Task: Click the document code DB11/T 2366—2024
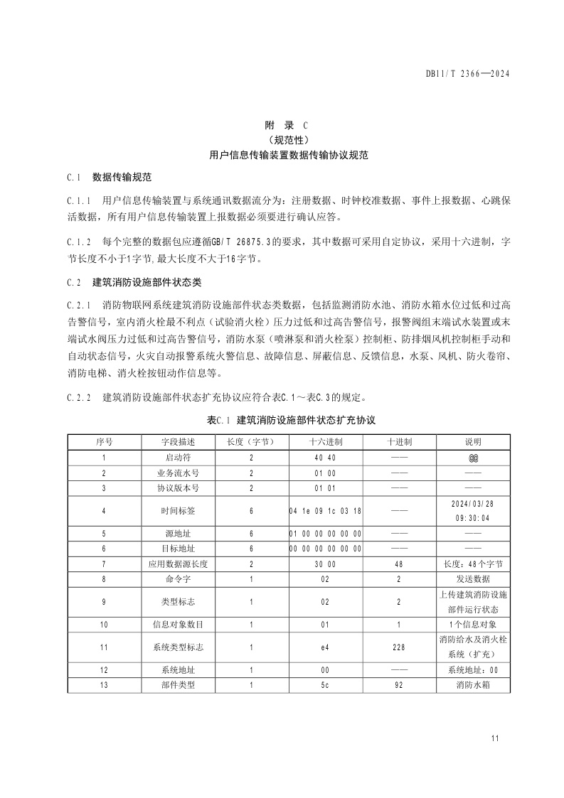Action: [x=469, y=73]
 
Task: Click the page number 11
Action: [x=495, y=738]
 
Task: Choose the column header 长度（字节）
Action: [x=251, y=441]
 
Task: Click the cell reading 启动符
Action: [x=178, y=458]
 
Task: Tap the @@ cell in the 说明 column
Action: [x=473, y=458]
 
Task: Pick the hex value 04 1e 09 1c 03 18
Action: [x=326, y=510]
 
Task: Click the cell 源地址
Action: [x=178, y=533]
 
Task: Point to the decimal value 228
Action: [x=399, y=647]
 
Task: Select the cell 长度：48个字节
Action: [x=473, y=564]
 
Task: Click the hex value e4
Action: [x=326, y=647]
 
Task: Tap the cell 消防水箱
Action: [x=473, y=685]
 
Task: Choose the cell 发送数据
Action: [x=473, y=579]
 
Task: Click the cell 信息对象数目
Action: [x=178, y=625]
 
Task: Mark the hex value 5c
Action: [x=326, y=685]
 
